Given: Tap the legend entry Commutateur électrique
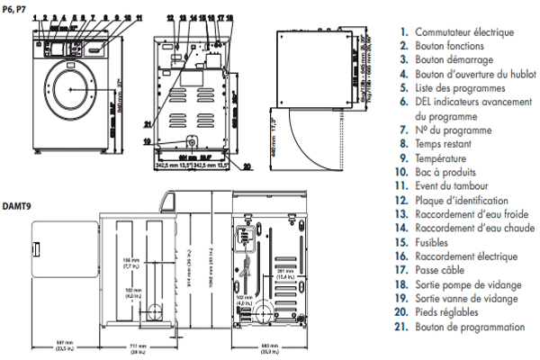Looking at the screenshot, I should point(463,32).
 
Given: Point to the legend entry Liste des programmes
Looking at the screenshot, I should point(458,88).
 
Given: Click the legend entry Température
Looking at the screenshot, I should point(445,158).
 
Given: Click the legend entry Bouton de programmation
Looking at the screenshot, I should point(469,327).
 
